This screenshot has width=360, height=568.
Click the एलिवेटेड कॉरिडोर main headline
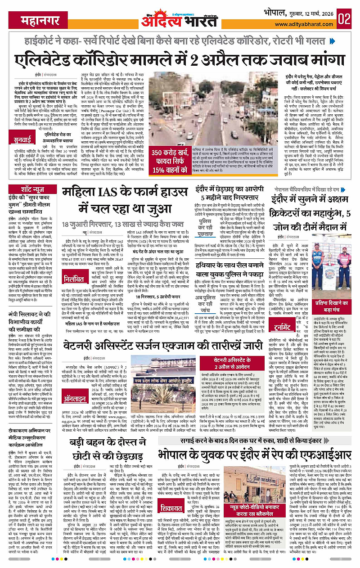tap(180, 60)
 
